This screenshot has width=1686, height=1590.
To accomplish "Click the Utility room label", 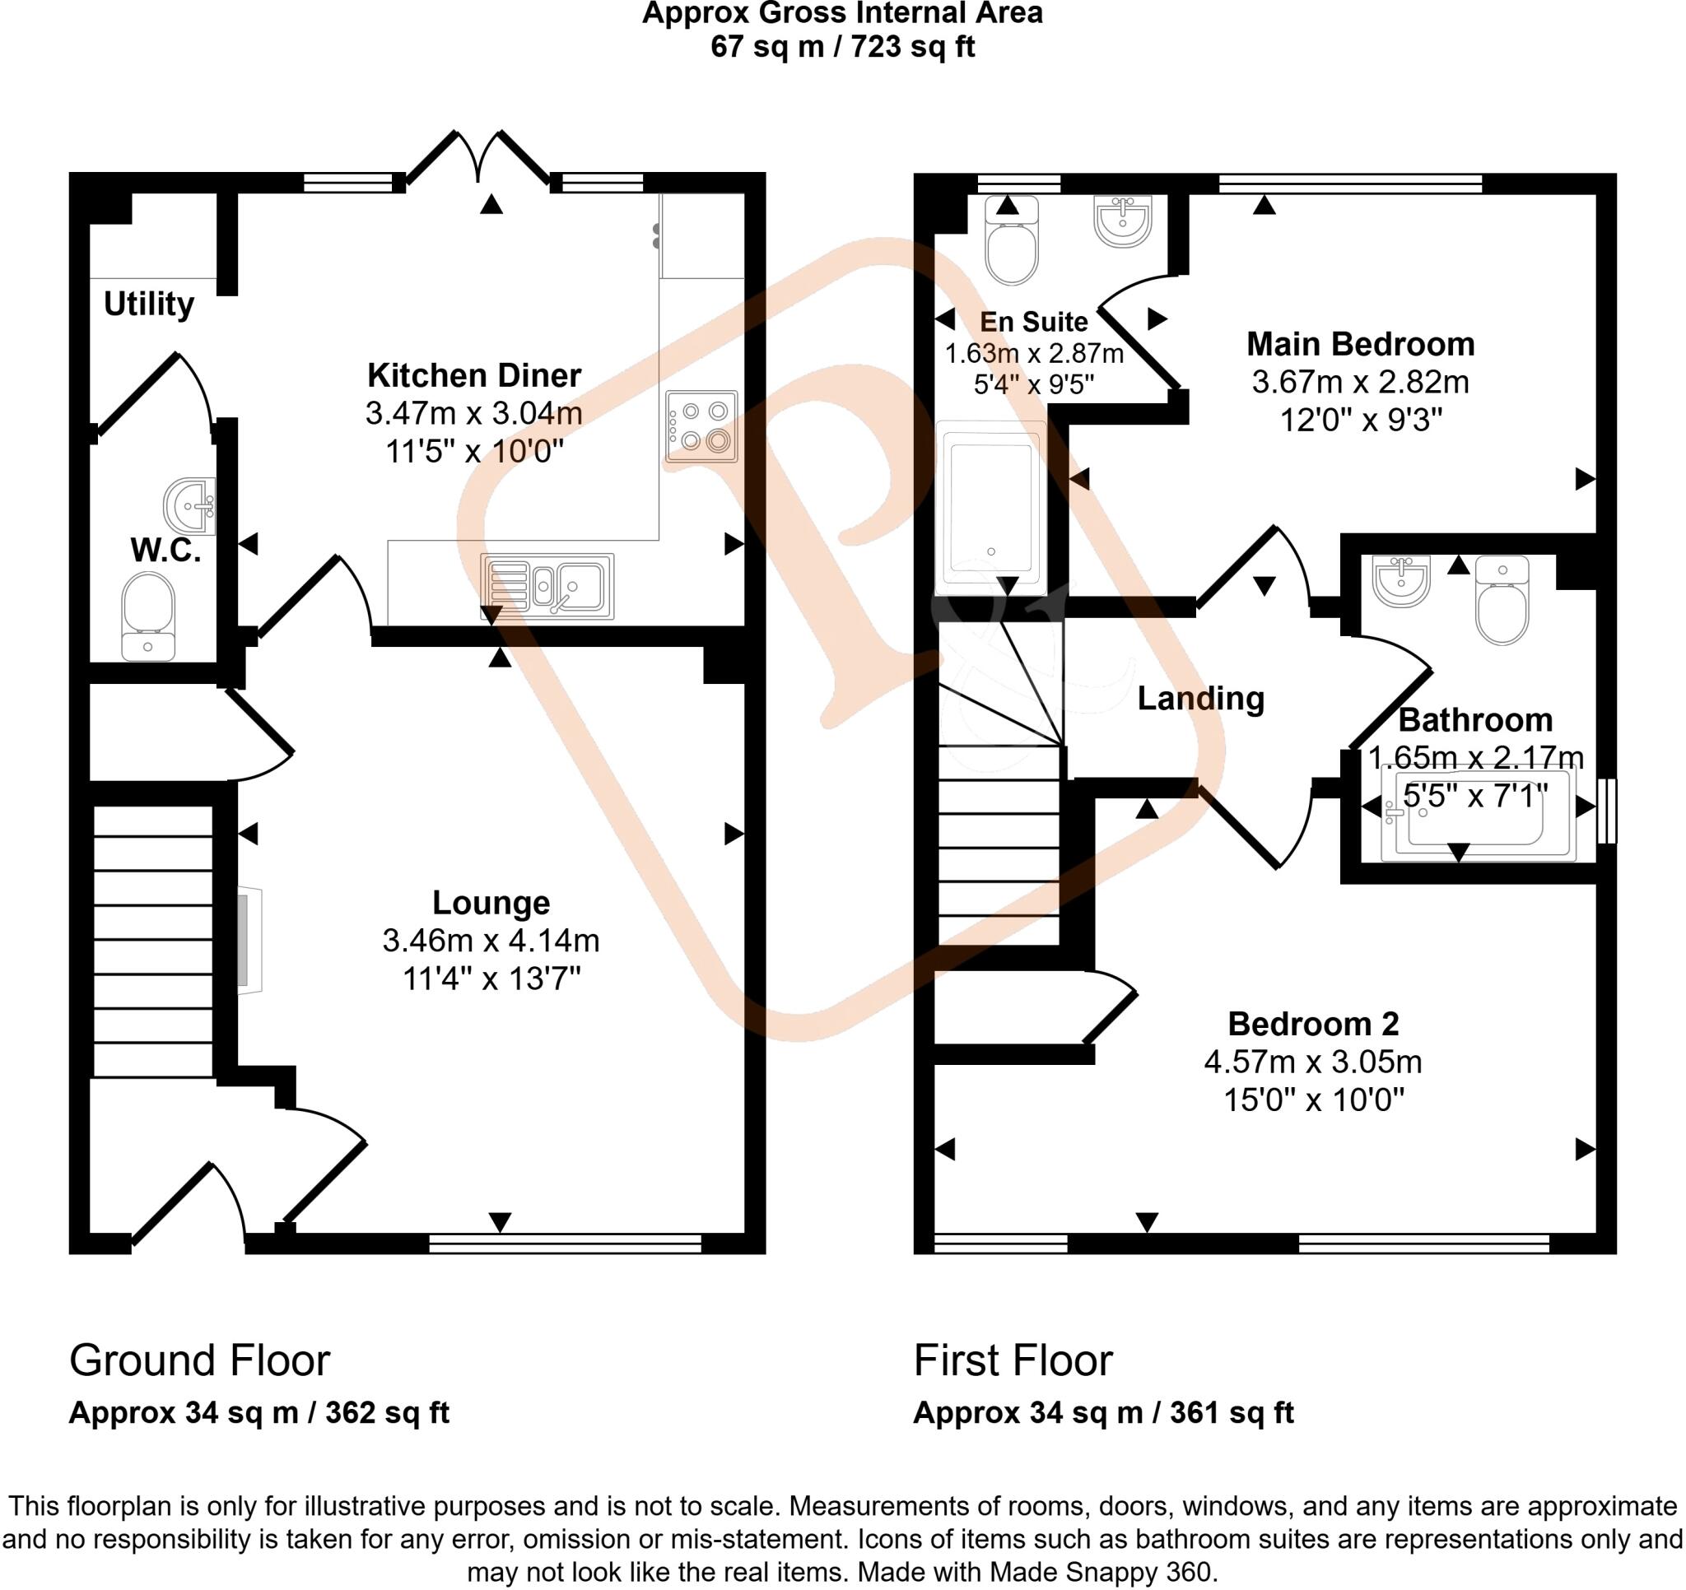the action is [148, 304].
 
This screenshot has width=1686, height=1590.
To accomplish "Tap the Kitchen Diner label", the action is [474, 374].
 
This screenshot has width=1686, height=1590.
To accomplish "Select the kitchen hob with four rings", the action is [701, 425].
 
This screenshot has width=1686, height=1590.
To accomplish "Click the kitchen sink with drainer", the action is [547, 586].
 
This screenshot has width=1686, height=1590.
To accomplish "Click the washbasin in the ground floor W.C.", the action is [189, 506].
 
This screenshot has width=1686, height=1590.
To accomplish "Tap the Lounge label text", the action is [491, 902].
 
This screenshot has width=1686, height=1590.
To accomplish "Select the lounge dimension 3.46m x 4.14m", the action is [491, 941].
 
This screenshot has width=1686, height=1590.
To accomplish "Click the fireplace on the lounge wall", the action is [250, 939].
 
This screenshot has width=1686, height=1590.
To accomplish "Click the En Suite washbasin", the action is [1123, 221].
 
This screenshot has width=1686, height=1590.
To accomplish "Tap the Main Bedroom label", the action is [1360, 344].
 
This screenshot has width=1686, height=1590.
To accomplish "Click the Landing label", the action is [1200, 699].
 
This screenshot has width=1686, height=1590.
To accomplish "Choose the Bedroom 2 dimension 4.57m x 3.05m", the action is [1313, 1062].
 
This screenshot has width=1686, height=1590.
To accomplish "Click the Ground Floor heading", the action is [199, 1360].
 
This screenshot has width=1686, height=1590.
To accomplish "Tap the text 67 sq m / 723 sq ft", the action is [842, 47].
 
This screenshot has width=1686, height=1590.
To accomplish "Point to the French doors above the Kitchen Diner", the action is [479, 157].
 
